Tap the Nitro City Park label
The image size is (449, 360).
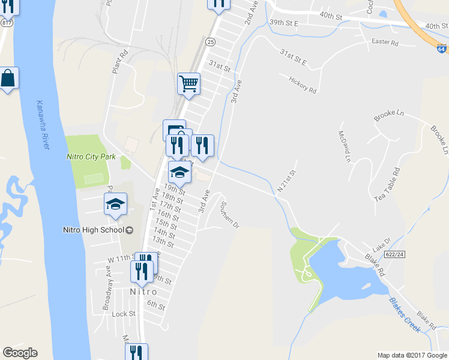(x=90, y=157)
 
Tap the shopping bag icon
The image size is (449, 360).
(x=8, y=78)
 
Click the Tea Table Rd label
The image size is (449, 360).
(x=388, y=184)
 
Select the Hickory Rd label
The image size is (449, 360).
(x=302, y=85)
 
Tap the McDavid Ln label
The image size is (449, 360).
(x=344, y=146)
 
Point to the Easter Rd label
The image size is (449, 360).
(x=385, y=42)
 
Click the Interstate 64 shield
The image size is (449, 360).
(x=442, y=50)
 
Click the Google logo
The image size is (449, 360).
(x=20, y=353)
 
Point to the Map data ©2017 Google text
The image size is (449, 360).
(x=412, y=355)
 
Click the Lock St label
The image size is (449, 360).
(x=123, y=314)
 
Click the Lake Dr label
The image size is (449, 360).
(x=381, y=248)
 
